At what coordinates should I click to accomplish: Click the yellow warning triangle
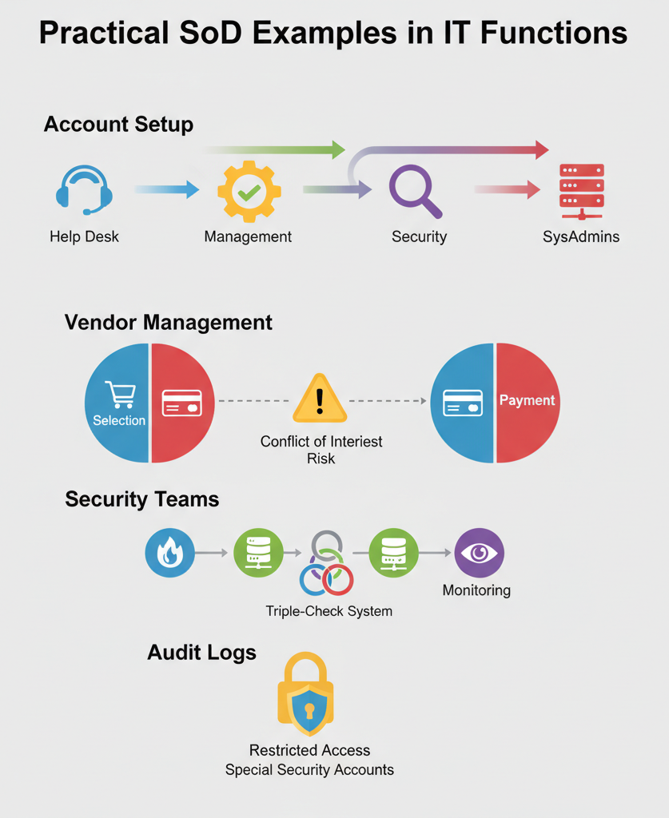tap(320, 399)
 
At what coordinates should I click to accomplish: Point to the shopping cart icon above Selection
tap(120, 394)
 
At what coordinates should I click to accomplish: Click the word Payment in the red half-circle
tap(527, 400)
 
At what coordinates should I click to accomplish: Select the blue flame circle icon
tap(169, 553)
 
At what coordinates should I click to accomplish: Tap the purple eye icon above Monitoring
tap(479, 553)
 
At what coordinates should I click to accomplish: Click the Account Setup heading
tap(118, 125)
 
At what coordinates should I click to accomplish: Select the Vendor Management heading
tap(168, 323)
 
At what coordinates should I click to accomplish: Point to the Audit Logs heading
tap(201, 653)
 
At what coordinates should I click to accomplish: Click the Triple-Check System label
tap(329, 611)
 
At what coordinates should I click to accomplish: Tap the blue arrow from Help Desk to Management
tap(166, 189)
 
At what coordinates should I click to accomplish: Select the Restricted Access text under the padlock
tap(309, 750)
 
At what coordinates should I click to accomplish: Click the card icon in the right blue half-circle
tap(463, 403)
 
